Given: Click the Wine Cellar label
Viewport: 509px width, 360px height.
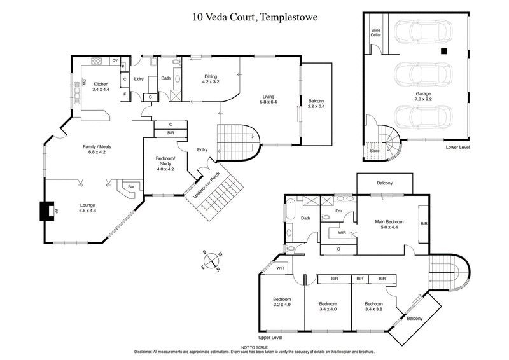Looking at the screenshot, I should [x=376, y=32].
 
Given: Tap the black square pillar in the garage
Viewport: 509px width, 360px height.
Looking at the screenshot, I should [x=445, y=51].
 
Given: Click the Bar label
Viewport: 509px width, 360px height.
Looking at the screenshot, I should [x=132, y=186].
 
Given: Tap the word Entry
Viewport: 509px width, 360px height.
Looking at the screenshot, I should [x=202, y=150].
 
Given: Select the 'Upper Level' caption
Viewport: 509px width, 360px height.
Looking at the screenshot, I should [x=270, y=337].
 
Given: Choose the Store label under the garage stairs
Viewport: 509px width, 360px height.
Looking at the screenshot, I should [x=375, y=151].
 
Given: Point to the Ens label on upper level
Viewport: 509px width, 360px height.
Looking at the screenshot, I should [x=338, y=211].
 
